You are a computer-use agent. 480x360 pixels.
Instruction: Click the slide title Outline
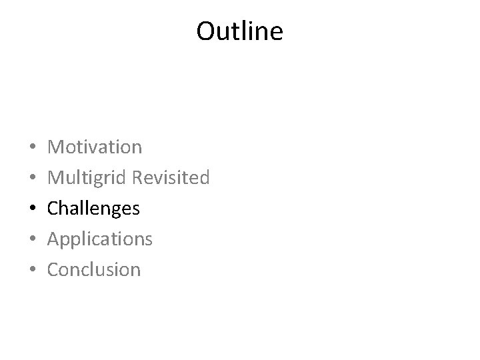coord(239,31)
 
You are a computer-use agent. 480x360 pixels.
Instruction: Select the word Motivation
coord(95,147)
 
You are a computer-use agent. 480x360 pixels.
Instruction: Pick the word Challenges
coord(94,209)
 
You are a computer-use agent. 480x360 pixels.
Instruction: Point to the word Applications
coord(100,239)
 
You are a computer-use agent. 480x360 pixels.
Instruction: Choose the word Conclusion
coord(95,270)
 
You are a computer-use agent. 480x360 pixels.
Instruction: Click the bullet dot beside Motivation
coord(33,147)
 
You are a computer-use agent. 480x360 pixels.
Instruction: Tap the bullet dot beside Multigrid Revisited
coord(33,178)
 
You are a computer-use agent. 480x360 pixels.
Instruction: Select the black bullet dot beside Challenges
coord(33,209)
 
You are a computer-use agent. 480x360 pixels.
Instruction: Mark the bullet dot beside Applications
coord(33,239)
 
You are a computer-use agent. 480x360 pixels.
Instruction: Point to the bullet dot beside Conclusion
coord(33,270)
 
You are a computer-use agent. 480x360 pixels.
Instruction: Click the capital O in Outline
coord(205,31)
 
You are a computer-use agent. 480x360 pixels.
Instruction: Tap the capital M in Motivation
coord(56,147)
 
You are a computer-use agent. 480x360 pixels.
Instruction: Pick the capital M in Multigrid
coord(56,177)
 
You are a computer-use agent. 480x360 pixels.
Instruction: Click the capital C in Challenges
coord(54,209)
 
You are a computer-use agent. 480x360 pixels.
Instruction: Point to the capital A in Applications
coord(55,239)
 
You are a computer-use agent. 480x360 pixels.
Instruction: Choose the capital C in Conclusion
coord(54,270)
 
